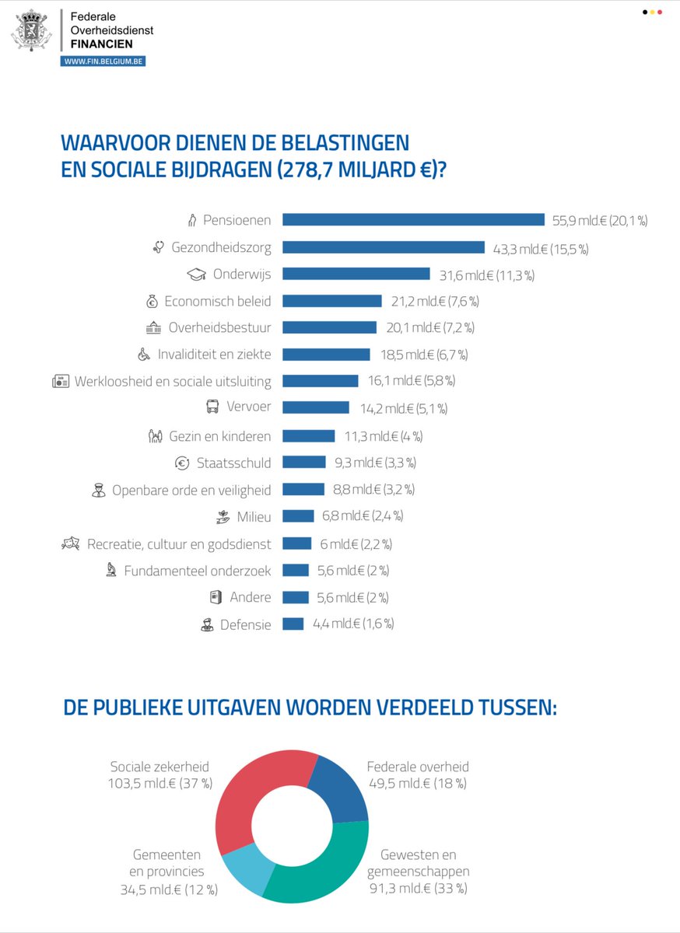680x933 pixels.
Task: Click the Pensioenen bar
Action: (413, 219)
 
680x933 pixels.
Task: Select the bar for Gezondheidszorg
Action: (383, 247)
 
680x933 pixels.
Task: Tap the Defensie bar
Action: (293, 624)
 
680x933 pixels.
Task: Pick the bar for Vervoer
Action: (316, 407)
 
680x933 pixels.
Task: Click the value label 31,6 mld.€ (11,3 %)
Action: (487, 275)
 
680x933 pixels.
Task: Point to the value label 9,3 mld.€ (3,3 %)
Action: (375, 463)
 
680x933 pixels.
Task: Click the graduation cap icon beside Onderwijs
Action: (196, 274)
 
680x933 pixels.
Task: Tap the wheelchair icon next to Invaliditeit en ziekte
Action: (144, 354)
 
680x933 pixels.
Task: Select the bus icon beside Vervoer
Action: (212, 406)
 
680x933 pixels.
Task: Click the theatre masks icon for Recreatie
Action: (71, 543)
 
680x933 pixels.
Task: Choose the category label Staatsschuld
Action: (234, 463)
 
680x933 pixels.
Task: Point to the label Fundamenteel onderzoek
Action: (198, 570)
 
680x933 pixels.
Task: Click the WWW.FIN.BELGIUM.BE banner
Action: (103, 61)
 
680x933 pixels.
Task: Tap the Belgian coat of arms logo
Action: (31, 30)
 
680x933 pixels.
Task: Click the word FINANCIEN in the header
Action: (101, 44)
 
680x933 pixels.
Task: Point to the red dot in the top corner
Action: (660, 12)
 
